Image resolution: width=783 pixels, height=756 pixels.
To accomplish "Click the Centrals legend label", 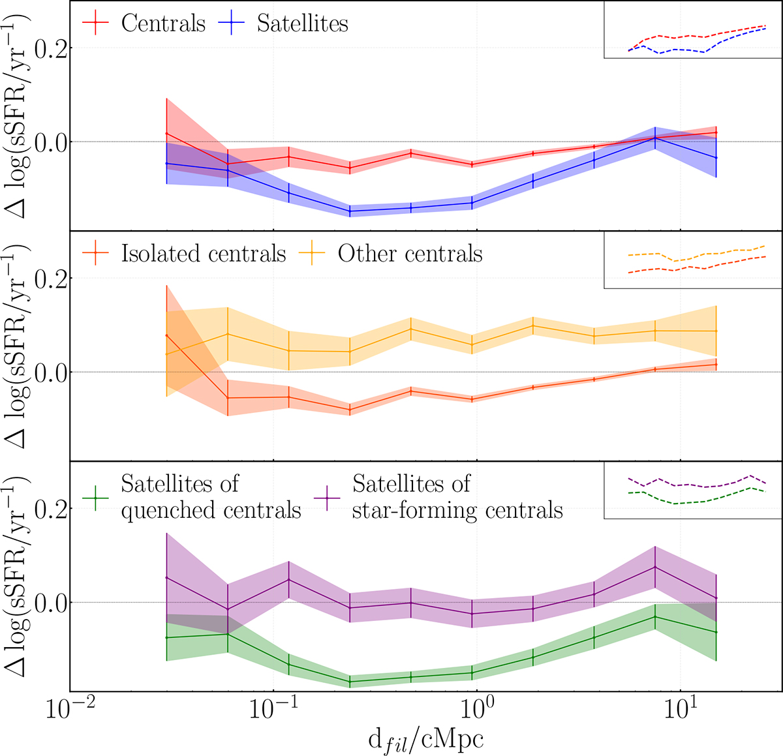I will [x=163, y=24].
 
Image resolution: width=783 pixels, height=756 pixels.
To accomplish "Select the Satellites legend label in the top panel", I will [x=302, y=24].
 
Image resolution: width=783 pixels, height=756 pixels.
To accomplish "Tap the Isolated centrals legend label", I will [x=204, y=254].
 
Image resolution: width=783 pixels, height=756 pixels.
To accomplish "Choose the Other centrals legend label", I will [x=410, y=254].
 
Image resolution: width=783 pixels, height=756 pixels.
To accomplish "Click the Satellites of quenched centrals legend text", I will [x=211, y=496].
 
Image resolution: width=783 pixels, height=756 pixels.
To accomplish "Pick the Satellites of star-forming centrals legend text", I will [x=457, y=496].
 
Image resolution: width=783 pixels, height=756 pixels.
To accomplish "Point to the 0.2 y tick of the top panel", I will [x=52, y=48].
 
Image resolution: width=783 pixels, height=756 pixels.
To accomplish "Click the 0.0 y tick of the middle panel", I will [x=52, y=372].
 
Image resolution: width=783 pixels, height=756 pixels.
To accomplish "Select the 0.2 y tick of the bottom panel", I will [x=52, y=509].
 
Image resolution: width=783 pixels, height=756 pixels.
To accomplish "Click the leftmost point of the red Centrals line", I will [x=167, y=134].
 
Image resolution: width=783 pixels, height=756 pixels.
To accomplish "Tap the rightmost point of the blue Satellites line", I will [x=716, y=158].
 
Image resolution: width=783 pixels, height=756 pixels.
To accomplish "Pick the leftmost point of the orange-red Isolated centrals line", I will [x=167, y=335].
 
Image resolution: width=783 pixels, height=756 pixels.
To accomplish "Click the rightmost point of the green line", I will [x=716, y=632].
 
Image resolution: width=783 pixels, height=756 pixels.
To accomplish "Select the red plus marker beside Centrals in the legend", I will [x=95, y=24].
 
